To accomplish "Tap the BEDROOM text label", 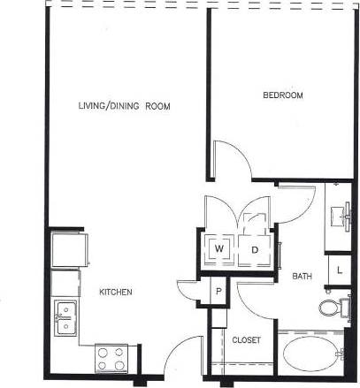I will (x=283, y=95).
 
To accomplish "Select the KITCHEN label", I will (x=115, y=291).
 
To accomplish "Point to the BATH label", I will (x=302, y=277).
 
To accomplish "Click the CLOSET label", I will (x=246, y=339).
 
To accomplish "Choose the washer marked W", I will (x=219, y=249).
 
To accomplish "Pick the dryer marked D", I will (x=254, y=249).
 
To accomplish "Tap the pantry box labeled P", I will (x=218, y=290).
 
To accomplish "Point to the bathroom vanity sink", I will (x=340, y=214).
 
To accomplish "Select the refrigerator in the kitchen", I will (x=66, y=249).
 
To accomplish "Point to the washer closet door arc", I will (x=221, y=212).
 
